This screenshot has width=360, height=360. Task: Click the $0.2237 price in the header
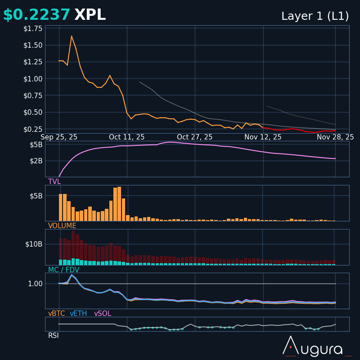[x=36, y=15]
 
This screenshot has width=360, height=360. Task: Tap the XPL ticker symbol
[x=90, y=15]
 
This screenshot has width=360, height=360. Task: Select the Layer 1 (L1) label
[x=315, y=16]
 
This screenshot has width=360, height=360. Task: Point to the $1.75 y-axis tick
[x=33, y=29]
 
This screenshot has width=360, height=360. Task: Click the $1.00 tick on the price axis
[x=33, y=79]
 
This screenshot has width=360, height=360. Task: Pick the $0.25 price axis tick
[x=33, y=129]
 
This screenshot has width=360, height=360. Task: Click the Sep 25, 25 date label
[x=59, y=137]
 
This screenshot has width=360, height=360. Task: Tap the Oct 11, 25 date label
[x=127, y=137]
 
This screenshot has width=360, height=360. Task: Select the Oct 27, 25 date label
[x=195, y=137]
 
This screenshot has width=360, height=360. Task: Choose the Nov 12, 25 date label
[x=263, y=137]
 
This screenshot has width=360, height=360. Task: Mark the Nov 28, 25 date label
[x=335, y=137]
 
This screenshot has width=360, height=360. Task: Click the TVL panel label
[x=54, y=182]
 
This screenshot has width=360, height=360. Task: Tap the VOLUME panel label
[x=62, y=226]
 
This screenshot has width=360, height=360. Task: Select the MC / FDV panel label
[x=63, y=270]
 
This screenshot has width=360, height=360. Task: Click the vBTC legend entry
[x=57, y=314]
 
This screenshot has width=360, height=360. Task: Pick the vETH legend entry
[x=78, y=314]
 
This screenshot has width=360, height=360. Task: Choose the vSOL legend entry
[x=103, y=314]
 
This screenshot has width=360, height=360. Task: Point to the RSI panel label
[x=54, y=336]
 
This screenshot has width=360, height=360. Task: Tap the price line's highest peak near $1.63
[x=72, y=36]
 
